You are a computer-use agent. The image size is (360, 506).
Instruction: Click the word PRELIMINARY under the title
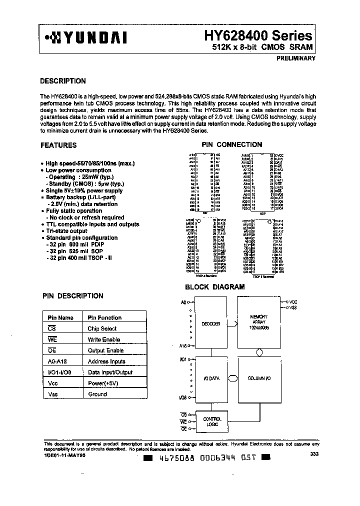pyautogui.click(x=295, y=58)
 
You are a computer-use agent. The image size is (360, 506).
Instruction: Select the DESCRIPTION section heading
pyautogui.click(x=62, y=81)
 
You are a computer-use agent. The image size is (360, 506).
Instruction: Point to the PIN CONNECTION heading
pyautogui.click(x=231, y=144)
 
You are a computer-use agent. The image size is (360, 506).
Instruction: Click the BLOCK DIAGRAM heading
pyautogui.click(x=214, y=287)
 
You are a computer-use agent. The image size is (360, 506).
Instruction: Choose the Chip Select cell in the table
pyautogui.click(x=102, y=328)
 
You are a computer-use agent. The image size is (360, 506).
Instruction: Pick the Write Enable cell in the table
pyautogui.click(x=103, y=339)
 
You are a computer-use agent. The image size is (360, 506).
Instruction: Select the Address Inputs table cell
pyautogui.click(x=106, y=361)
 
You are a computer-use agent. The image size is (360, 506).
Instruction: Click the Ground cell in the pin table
pyautogui.click(x=97, y=394)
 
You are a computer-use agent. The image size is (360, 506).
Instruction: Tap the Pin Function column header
pyautogui.click(x=104, y=317)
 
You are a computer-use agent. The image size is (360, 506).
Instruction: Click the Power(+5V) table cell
pyautogui.click(x=104, y=383)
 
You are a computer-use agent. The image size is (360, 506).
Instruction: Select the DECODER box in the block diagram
pyautogui.click(x=211, y=323)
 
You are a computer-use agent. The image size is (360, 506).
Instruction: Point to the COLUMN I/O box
pyautogui.click(x=259, y=378)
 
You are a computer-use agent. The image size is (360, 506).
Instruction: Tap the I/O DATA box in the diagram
pyautogui.click(x=211, y=378)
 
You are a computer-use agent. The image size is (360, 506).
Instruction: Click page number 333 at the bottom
pyautogui.click(x=314, y=454)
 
